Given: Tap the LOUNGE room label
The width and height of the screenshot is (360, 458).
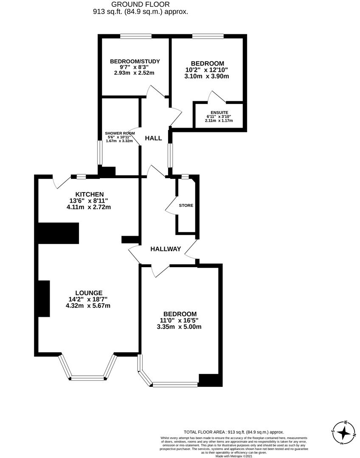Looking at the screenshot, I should point(89,293).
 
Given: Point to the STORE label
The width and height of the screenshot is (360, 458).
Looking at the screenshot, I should point(186,205).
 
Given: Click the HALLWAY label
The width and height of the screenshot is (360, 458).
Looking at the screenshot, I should point(166,249).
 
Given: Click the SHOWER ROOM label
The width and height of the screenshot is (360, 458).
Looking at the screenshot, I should point(120,133).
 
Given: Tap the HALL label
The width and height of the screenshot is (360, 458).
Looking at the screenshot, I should point(153,138).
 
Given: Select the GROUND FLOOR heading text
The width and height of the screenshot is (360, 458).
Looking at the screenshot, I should point(141,4).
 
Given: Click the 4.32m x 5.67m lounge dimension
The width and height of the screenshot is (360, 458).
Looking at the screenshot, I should point(89,306).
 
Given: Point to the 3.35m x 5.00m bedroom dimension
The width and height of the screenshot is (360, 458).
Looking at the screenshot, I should point(178,327).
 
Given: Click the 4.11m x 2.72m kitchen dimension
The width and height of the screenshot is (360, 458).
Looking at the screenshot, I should point(89,207).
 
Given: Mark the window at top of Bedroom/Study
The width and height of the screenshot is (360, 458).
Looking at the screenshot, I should point(135,36).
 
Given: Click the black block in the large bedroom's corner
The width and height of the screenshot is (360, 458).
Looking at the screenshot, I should point(210,380).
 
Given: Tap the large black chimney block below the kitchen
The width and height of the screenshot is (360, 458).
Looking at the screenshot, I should point(59,233).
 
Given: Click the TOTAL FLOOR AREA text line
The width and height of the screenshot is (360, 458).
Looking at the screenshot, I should point(233,432).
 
